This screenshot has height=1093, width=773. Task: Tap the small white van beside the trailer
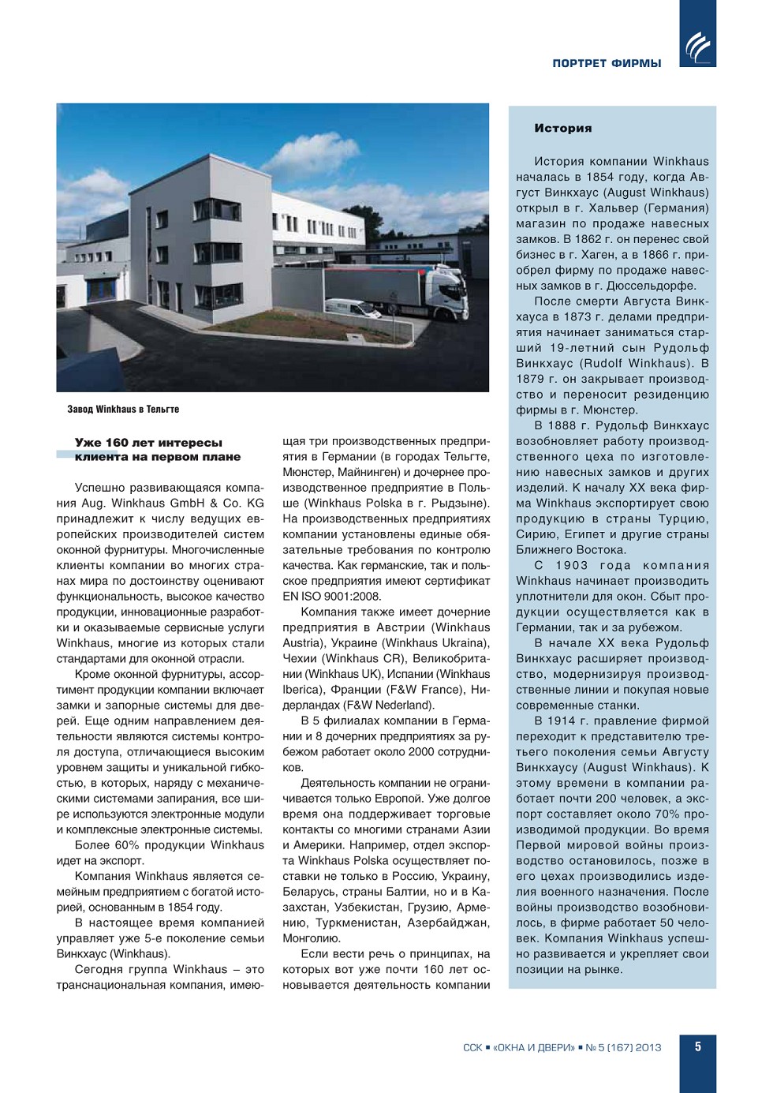(x=353, y=308)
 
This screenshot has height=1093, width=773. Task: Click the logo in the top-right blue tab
(x=698, y=47)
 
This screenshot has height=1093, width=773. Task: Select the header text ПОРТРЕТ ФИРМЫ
(x=607, y=63)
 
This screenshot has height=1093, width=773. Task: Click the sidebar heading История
(x=562, y=128)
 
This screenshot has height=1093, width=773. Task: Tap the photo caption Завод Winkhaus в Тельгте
(x=123, y=409)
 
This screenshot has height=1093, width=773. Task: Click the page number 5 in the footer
(x=698, y=1046)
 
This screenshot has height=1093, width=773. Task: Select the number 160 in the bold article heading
(x=117, y=443)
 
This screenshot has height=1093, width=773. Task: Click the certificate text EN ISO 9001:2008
(x=331, y=597)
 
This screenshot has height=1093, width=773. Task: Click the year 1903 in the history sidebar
(x=571, y=565)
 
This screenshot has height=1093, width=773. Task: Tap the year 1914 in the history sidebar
(x=573, y=721)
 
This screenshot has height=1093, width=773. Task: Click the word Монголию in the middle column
(x=312, y=938)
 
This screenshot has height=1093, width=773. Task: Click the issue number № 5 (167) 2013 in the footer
(x=622, y=1047)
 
